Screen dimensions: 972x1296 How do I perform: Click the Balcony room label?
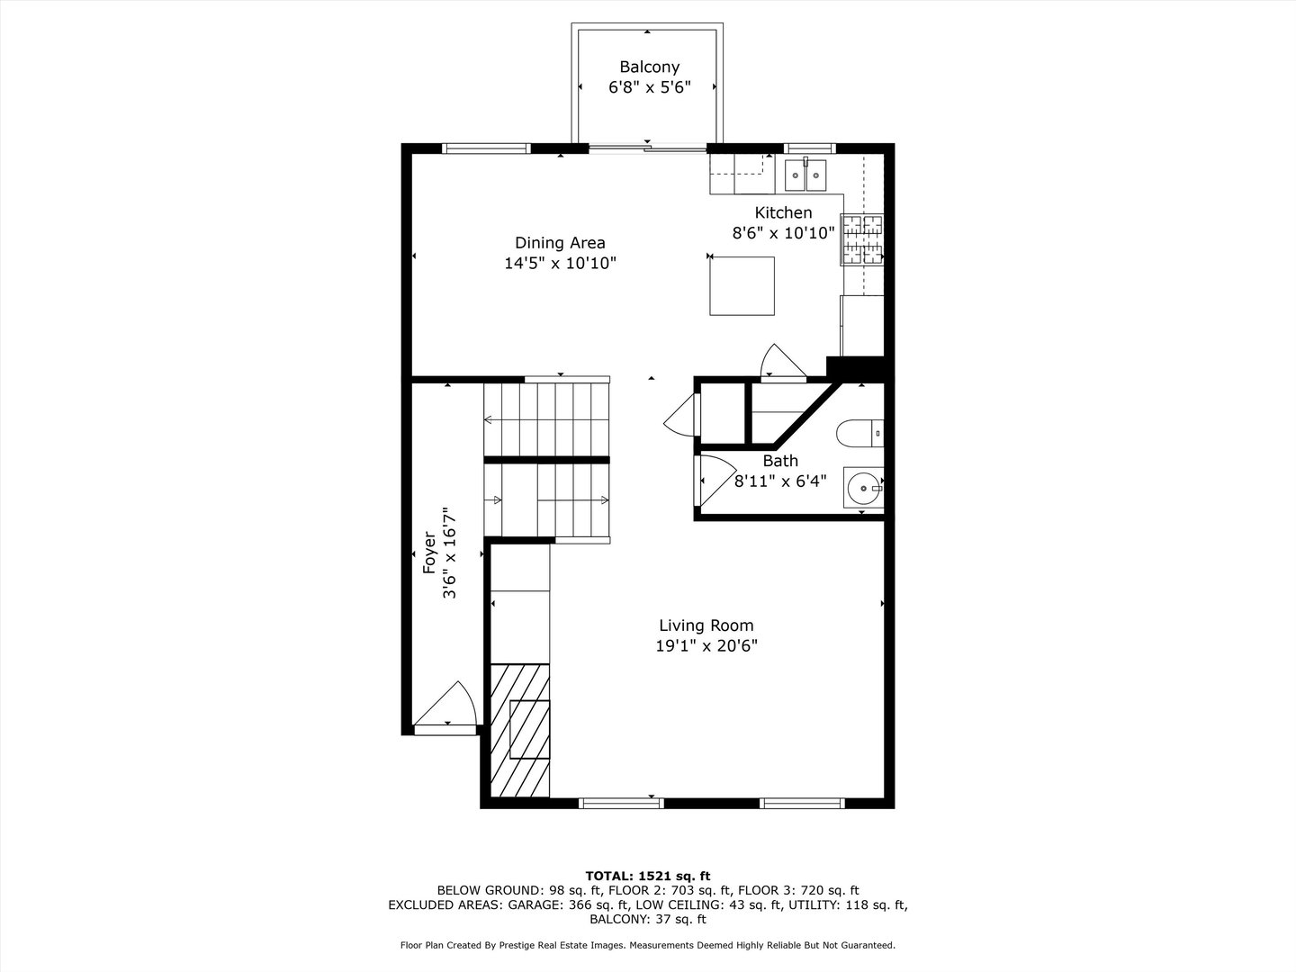[649, 67]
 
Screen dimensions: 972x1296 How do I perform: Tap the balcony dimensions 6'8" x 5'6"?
[649, 87]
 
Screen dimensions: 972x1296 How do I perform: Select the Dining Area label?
[560, 242]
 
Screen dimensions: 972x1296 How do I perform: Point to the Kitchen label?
[783, 212]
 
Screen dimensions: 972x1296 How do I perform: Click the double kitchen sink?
[805, 175]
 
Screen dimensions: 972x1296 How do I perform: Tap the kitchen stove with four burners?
[862, 240]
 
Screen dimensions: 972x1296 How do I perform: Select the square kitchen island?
[742, 285]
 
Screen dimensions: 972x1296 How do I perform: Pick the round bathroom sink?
[863, 488]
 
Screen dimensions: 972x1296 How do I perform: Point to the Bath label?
[780, 461]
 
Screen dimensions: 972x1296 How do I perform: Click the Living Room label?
[706, 625]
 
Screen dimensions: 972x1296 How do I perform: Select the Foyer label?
[429, 553]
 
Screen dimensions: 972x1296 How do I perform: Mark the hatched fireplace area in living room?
[520, 729]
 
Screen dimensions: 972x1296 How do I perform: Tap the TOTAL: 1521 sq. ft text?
[648, 876]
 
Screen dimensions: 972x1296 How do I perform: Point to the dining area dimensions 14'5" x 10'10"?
[560, 263]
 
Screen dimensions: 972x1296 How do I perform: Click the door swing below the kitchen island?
[779, 362]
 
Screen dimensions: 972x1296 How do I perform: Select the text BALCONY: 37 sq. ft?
[648, 919]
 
